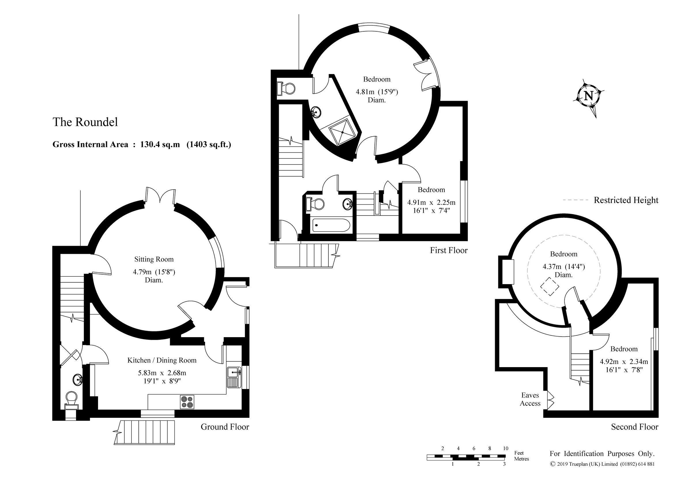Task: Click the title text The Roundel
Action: pyautogui.click(x=85, y=122)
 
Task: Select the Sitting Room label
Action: pyautogui.click(x=154, y=259)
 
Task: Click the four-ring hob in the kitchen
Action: pyautogui.click(x=187, y=402)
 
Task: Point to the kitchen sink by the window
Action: pyautogui.click(x=234, y=373)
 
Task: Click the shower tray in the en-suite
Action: pyautogui.click(x=343, y=132)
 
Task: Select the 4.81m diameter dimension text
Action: pyautogui.click(x=377, y=92)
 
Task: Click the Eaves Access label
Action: pyautogui.click(x=530, y=399)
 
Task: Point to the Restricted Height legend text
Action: pyautogui.click(x=626, y=200)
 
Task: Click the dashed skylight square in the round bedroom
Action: pyautogui.click(x=550, y=286)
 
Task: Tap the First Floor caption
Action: pyautogui.click(x=448, y=250)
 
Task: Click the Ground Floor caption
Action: pyautogui.click(x=225, y=427)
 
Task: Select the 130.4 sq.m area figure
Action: pyautogui.click(x=160, y=144)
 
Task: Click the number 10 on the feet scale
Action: pyautogui.click(x=505, y=448)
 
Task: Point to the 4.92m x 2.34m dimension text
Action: pyautogui.click(x=624, y=362)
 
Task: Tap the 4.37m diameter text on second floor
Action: pyautogui.click(x=563, y=267)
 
